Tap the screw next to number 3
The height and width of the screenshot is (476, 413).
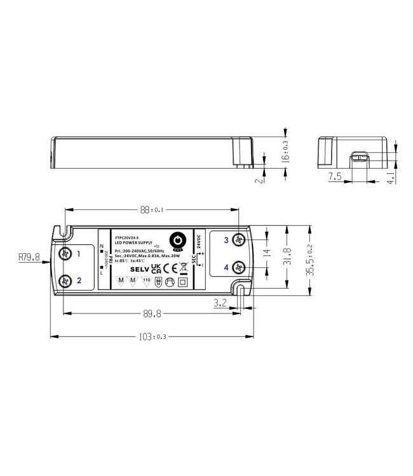[239, 240]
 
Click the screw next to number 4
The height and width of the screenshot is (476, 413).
[239, 267]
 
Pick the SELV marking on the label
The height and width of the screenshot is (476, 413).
[138, 269]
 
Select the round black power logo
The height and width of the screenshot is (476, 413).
[179, 241]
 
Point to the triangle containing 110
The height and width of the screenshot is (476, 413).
[146, 281]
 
